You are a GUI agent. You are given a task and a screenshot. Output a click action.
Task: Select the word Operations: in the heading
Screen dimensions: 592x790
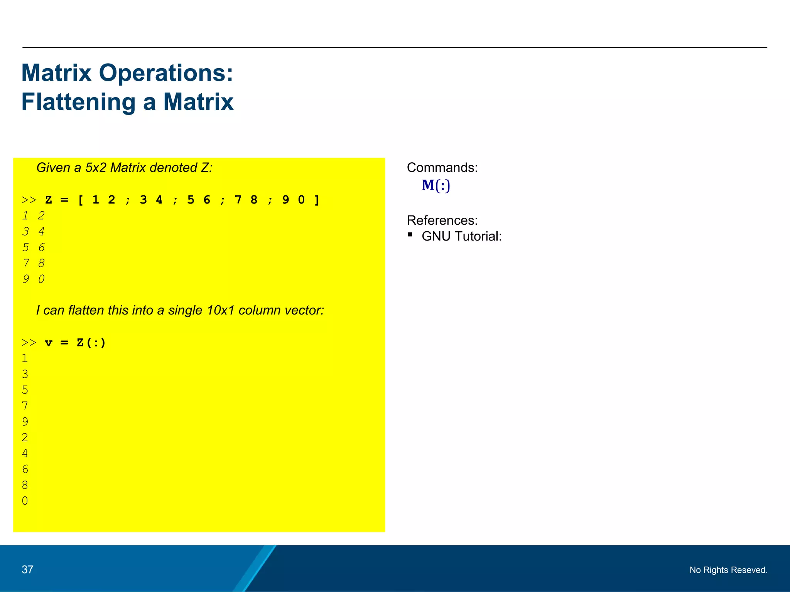[x=166, y=73]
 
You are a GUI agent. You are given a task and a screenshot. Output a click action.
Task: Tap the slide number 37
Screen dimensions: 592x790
[x=27, y=569]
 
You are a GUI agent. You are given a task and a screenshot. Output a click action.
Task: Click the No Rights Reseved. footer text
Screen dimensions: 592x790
[x=728, y=570]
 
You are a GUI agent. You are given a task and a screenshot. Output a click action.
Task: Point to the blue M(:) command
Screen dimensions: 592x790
[x=436, y=185]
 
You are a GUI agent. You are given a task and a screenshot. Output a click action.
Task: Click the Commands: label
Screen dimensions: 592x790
[x=442, y=168]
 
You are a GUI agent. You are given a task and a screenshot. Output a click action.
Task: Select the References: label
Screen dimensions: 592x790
[x=442, y=220]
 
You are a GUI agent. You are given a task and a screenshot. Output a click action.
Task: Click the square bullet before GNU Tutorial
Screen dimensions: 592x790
[x=410, y=234]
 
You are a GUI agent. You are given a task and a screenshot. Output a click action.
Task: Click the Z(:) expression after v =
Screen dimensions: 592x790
[x=91, y=343]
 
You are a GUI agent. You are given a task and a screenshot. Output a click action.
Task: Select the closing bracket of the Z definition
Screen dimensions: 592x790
[x=317, y=200]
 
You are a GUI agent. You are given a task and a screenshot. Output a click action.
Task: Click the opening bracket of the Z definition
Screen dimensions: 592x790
[x=81, y=200]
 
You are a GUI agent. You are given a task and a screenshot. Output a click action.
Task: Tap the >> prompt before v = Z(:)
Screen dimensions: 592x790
[x=29, y=343]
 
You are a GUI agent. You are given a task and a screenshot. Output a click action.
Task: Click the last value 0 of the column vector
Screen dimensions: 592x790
[x=25, y=501]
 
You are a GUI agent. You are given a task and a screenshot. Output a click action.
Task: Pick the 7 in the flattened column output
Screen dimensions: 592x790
[x=25, y=406]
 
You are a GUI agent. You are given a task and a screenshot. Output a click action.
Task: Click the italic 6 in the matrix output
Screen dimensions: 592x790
[x=42, y=247]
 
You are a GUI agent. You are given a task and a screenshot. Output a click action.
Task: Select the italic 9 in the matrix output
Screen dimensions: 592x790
[x=26, y=279]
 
